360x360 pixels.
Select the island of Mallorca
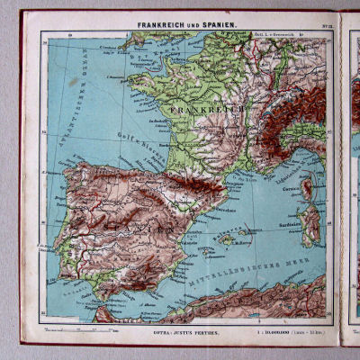pos(229,238)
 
